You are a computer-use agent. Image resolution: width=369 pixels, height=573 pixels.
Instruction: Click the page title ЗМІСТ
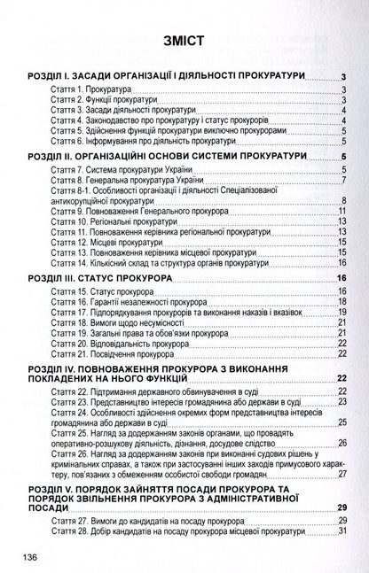point(184,42)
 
